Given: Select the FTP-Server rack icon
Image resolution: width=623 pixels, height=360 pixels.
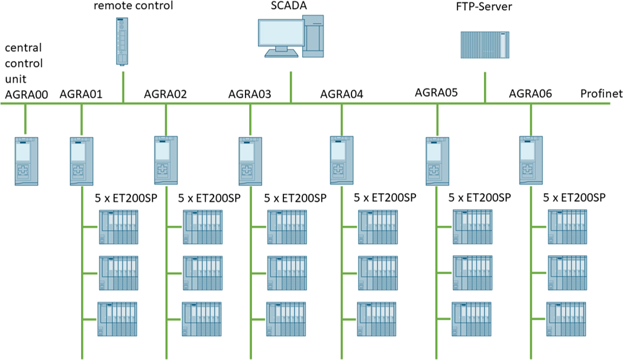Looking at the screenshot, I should coord(484,44).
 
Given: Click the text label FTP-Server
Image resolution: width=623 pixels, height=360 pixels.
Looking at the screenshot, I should coord(484,7).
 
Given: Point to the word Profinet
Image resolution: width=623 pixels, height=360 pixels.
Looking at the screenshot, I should coord(600,94).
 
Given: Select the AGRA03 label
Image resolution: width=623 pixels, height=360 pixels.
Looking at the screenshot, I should coord(250,94).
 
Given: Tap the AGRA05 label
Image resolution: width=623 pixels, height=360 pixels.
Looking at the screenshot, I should coord(437,92).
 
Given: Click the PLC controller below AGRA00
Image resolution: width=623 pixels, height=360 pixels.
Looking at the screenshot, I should coord(26,161).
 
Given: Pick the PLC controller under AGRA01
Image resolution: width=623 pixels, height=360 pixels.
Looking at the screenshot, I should coord(82,160).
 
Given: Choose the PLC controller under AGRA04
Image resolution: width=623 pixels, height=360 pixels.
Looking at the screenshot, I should coord(342,160).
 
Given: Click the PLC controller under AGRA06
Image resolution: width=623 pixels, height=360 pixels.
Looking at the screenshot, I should coord(531,160).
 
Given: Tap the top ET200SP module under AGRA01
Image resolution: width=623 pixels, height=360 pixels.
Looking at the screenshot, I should coord(119,228).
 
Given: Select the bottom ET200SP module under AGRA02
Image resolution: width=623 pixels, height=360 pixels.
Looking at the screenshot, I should coord(203,320).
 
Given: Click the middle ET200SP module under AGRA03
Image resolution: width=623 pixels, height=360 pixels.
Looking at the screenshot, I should coord(287,274).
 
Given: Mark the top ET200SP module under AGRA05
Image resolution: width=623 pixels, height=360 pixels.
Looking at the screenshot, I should coord(472,228).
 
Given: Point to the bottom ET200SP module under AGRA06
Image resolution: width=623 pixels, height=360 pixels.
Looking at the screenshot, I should coord(566,320).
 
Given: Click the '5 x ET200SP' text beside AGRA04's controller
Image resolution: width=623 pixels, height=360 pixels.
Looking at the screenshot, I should coord(384,197).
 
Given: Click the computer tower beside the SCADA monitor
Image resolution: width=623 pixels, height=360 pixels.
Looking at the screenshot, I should coord(313,37).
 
